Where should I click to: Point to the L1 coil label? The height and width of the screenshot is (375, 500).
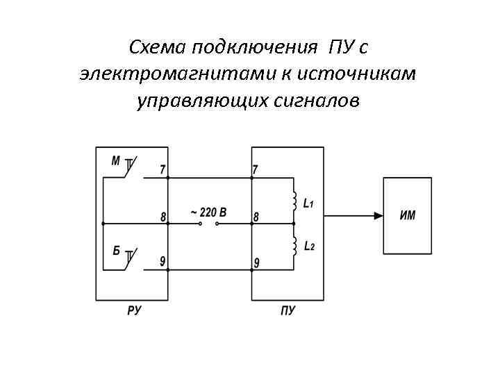pos(309,204)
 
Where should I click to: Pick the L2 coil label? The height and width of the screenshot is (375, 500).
pos(309,247)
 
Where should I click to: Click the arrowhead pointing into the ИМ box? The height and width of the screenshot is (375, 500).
pos(378,215)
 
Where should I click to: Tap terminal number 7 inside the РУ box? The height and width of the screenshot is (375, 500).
pos(162,169)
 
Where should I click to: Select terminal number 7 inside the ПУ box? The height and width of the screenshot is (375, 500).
pos(256,169)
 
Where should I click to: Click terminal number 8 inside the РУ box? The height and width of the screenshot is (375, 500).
pos(163,217)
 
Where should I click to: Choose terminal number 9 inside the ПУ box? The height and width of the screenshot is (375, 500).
pos(256,262)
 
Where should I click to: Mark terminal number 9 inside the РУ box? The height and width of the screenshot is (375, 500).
pos(162,261)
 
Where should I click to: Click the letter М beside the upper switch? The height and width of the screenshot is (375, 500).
pos(116,161)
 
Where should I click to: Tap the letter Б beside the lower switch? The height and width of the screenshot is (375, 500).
pos(117,251)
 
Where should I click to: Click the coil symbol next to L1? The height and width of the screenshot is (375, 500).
pos(294,201)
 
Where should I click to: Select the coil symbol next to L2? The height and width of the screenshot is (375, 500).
pos(294,245)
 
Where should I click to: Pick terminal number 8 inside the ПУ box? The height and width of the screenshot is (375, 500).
pos(256,217)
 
